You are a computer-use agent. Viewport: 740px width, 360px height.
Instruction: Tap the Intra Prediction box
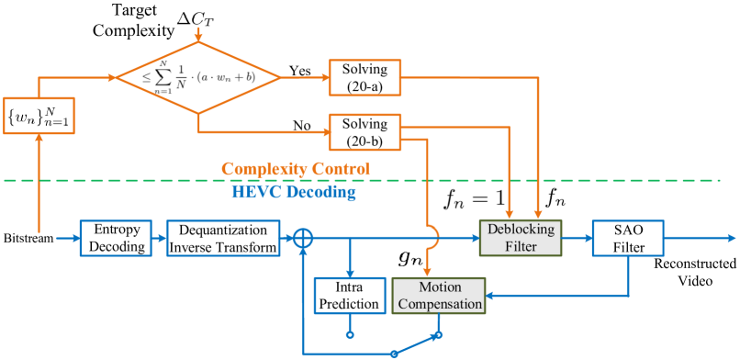tap(348, 295)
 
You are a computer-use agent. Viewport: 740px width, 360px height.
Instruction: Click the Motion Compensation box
tap(438, 295)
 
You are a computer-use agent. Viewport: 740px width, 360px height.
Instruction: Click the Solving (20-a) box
tap(365, 76)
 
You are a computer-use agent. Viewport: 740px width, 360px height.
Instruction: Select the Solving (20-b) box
tap(365, 131)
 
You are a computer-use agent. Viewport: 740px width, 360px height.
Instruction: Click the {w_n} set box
tap(39, 118)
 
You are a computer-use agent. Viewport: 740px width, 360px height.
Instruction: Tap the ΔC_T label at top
tap(196, 17)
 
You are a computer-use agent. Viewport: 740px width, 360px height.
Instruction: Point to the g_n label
tap(409, 260)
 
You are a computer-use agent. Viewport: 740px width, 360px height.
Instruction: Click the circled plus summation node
tap(302, 239)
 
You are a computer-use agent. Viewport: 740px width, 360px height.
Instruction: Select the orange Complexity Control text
tap(296, 170)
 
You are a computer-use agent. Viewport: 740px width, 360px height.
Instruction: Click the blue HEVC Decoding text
tap(294, 192)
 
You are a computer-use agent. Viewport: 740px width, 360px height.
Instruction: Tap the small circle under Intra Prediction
tap(349, 334)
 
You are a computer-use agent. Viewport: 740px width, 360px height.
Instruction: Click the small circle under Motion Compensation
tap(438, 334)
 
